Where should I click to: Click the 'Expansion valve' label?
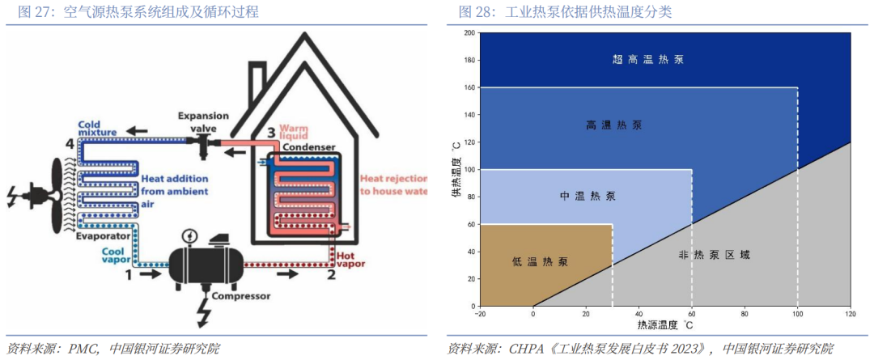(203, 122)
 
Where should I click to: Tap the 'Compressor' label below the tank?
(240, 296)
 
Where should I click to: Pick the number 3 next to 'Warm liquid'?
(270, 133)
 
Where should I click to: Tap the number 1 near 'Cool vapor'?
(128, 275)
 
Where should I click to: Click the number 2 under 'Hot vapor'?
(331, 275)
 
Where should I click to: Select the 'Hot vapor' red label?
(345, 260)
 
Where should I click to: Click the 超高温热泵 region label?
(649, 59)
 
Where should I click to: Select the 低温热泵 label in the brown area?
(540, 262)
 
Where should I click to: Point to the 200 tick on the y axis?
(468, 33)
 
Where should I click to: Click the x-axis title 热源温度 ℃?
(664, 324)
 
